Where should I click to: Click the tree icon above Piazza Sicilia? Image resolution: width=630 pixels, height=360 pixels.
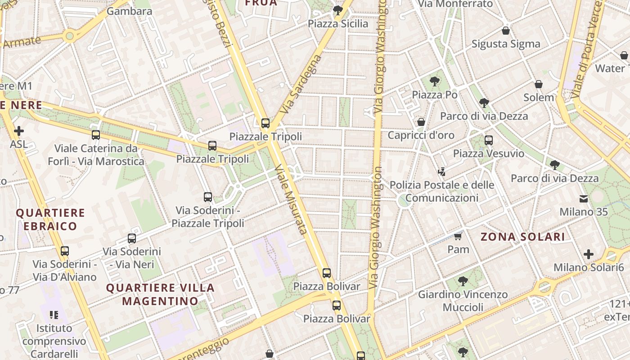pos(337,10)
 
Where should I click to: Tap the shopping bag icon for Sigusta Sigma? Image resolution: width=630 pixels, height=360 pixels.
pos(506,31)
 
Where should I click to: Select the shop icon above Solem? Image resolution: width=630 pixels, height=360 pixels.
pos(539,84)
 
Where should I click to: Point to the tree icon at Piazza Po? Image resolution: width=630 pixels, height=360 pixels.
pos(434,81)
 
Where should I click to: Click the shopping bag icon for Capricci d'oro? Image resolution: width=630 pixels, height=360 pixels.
pos(421,122)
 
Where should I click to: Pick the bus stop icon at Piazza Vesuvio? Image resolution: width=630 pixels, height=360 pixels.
pos(489,140)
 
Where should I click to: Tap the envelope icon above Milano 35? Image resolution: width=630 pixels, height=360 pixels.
pos(584,198)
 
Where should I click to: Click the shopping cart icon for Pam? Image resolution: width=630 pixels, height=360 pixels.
pos(458,236)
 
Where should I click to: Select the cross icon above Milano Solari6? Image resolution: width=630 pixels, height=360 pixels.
pos(589,254)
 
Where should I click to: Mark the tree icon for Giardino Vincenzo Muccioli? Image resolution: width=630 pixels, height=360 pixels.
pos(463,282)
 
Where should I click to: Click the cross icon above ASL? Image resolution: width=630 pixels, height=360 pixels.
pos(19,131)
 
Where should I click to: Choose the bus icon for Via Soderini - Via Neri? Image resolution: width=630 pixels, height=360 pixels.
pos(132,238)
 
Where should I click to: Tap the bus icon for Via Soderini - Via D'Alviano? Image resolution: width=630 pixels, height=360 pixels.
pos(65,251)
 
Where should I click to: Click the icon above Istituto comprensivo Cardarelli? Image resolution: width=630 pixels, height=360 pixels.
pos(54,315)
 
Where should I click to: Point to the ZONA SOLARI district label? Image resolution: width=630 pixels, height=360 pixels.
pos(522,237)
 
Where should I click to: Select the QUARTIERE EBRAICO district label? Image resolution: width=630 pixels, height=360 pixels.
pos(50,219)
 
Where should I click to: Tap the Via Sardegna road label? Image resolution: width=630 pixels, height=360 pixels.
pos(301,84)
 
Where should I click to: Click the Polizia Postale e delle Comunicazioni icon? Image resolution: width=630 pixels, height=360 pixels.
pos(442,171)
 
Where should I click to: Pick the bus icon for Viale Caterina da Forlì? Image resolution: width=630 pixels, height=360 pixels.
pos(96,135)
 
